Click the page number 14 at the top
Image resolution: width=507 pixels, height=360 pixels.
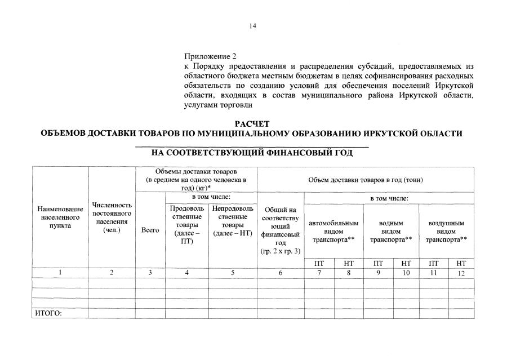coord(253,25)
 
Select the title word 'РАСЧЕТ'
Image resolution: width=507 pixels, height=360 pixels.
coord(252,123)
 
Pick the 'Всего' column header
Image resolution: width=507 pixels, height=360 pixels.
coord(150,230)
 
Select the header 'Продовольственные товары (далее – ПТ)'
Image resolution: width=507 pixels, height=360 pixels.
coord(186,225)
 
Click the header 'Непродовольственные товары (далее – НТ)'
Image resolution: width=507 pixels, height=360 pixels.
coord(233,225)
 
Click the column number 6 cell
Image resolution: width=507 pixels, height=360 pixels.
coord(280,273)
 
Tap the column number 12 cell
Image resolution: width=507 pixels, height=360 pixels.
coord(461,273)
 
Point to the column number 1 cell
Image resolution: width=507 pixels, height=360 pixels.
coord(60,273)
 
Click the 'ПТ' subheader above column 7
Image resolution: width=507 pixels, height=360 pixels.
coord(319,263)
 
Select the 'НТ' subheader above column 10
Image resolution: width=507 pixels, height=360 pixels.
coord(406,263)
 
